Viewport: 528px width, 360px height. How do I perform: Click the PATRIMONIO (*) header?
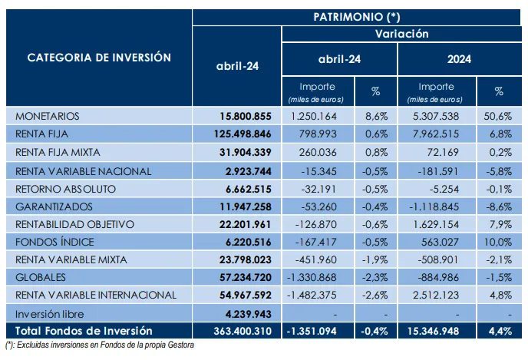(x=356, y=15)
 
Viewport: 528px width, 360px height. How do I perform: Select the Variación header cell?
(x=401, y=34)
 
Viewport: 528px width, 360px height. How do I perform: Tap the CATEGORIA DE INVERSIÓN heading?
(x=99, y=58)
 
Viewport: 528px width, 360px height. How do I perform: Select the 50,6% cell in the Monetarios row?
(x=498, y=117)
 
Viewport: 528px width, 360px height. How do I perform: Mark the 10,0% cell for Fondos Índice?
(x=498, y=241)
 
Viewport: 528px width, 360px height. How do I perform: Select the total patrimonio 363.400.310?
(x=239, y=330)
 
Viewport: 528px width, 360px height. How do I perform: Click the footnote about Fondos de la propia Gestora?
(x=100, y=345)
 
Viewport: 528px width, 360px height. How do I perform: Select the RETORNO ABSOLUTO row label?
(x=65, y=188)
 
